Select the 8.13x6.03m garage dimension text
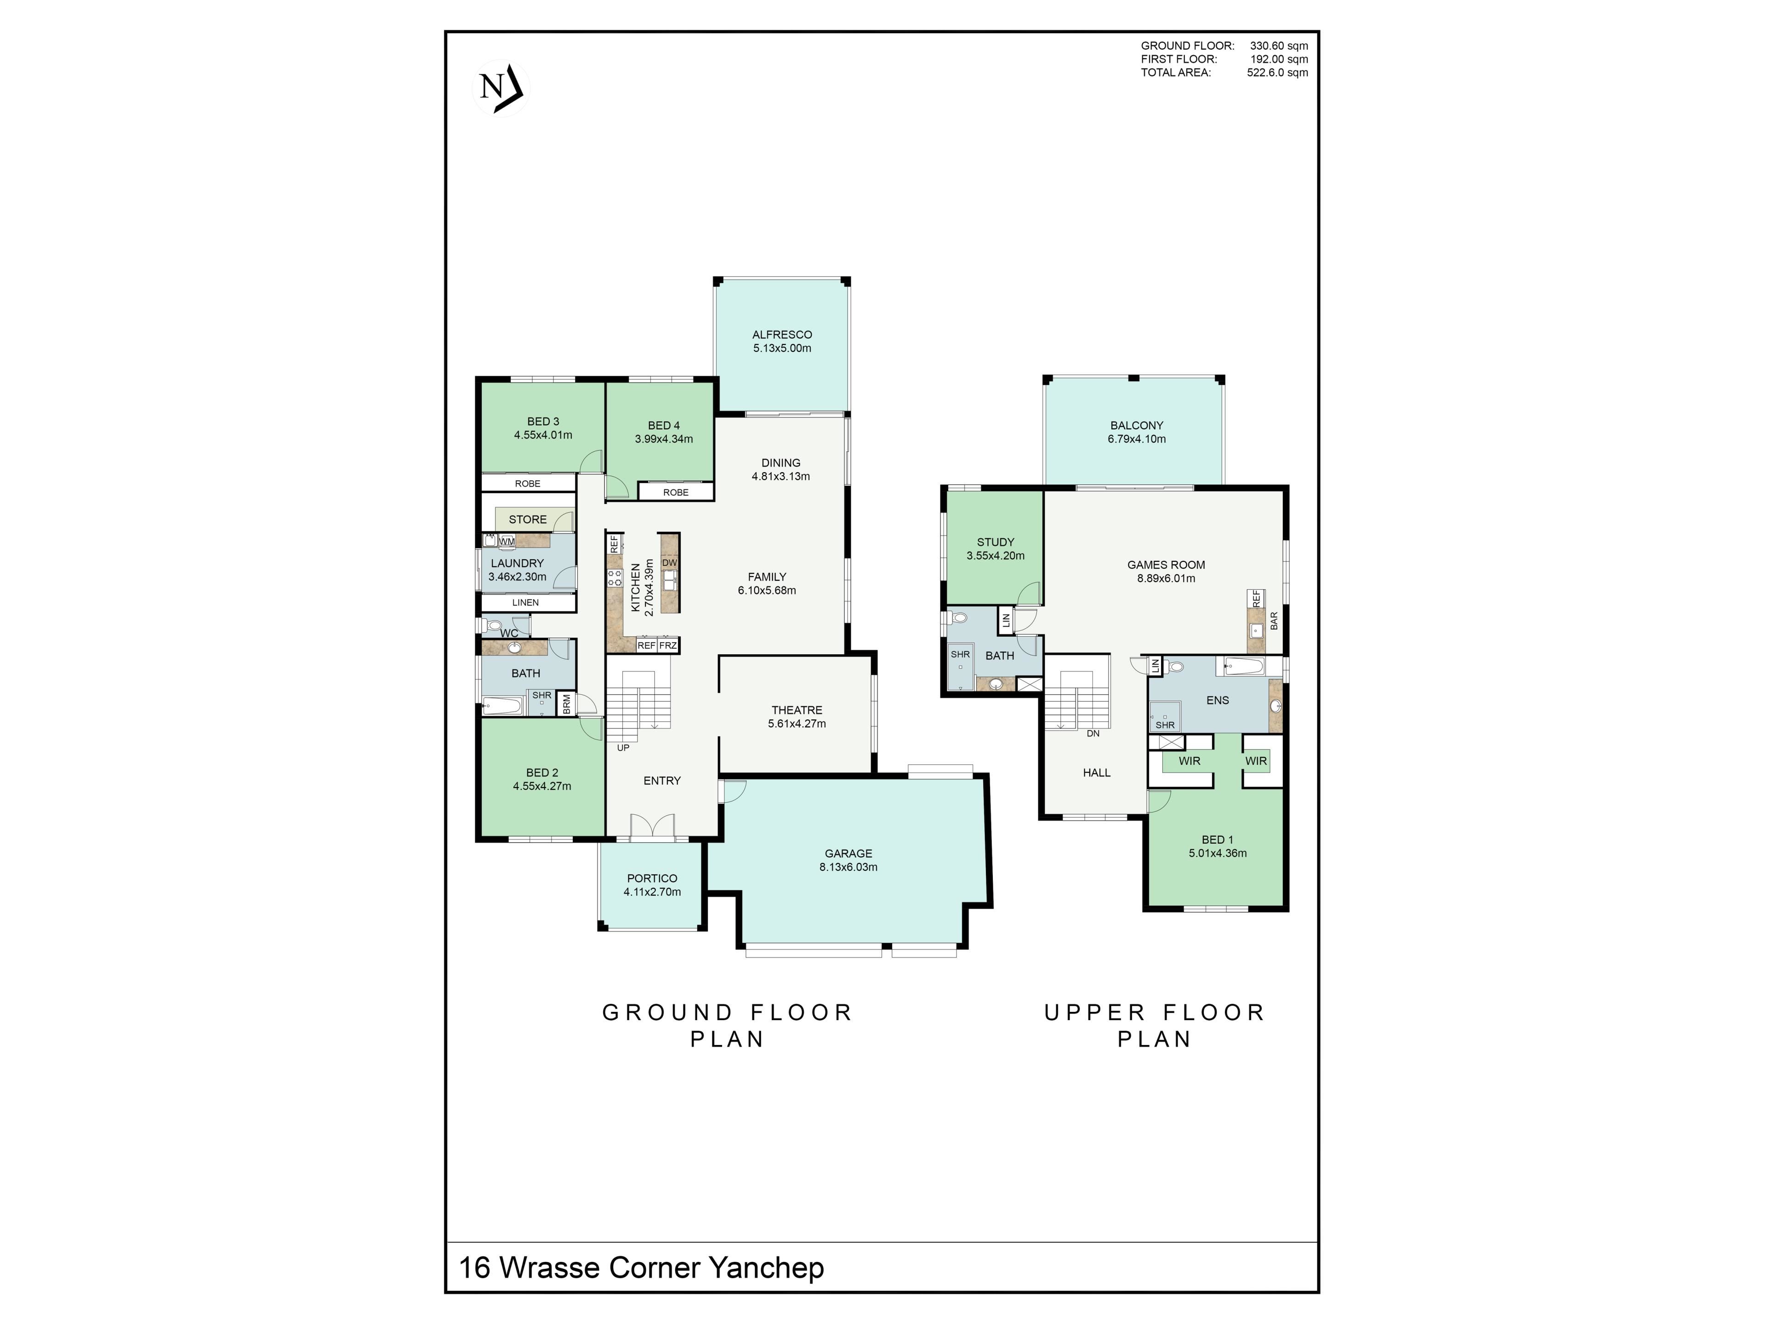[x=848, y=867]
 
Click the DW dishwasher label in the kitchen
[x=669, y=563]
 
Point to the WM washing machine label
[x=507, y=541]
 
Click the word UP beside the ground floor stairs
[x=623, y=748]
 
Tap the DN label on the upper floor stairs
[x=1093, y=733]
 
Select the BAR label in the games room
[x=1274, y=621]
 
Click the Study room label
[x=996, y=542]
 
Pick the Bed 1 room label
[x=1218, y=839]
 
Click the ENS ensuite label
[x=1218, y=700]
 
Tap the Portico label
[x=652, y=878]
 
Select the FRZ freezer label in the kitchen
[x=668, y=645]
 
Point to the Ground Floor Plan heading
[x=728, y=1026]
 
